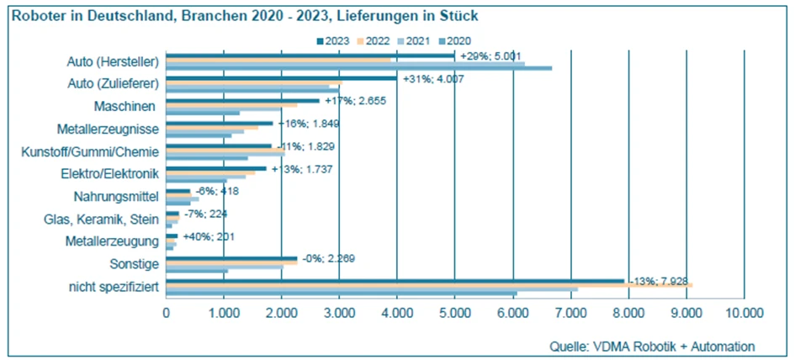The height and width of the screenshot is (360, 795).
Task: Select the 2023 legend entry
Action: (332, 40)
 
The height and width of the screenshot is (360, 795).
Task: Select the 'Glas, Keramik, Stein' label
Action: (101, 220)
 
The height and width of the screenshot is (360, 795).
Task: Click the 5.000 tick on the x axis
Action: (454, 313)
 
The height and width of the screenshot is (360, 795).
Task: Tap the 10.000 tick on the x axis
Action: (744, 313)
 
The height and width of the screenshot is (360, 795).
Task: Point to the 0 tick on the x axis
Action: (167, 313)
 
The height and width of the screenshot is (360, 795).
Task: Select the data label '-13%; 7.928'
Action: (661, 281)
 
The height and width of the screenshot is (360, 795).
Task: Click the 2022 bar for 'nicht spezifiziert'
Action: (429, 286)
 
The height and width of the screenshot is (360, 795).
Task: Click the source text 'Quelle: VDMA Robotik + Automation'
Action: (652, 346)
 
